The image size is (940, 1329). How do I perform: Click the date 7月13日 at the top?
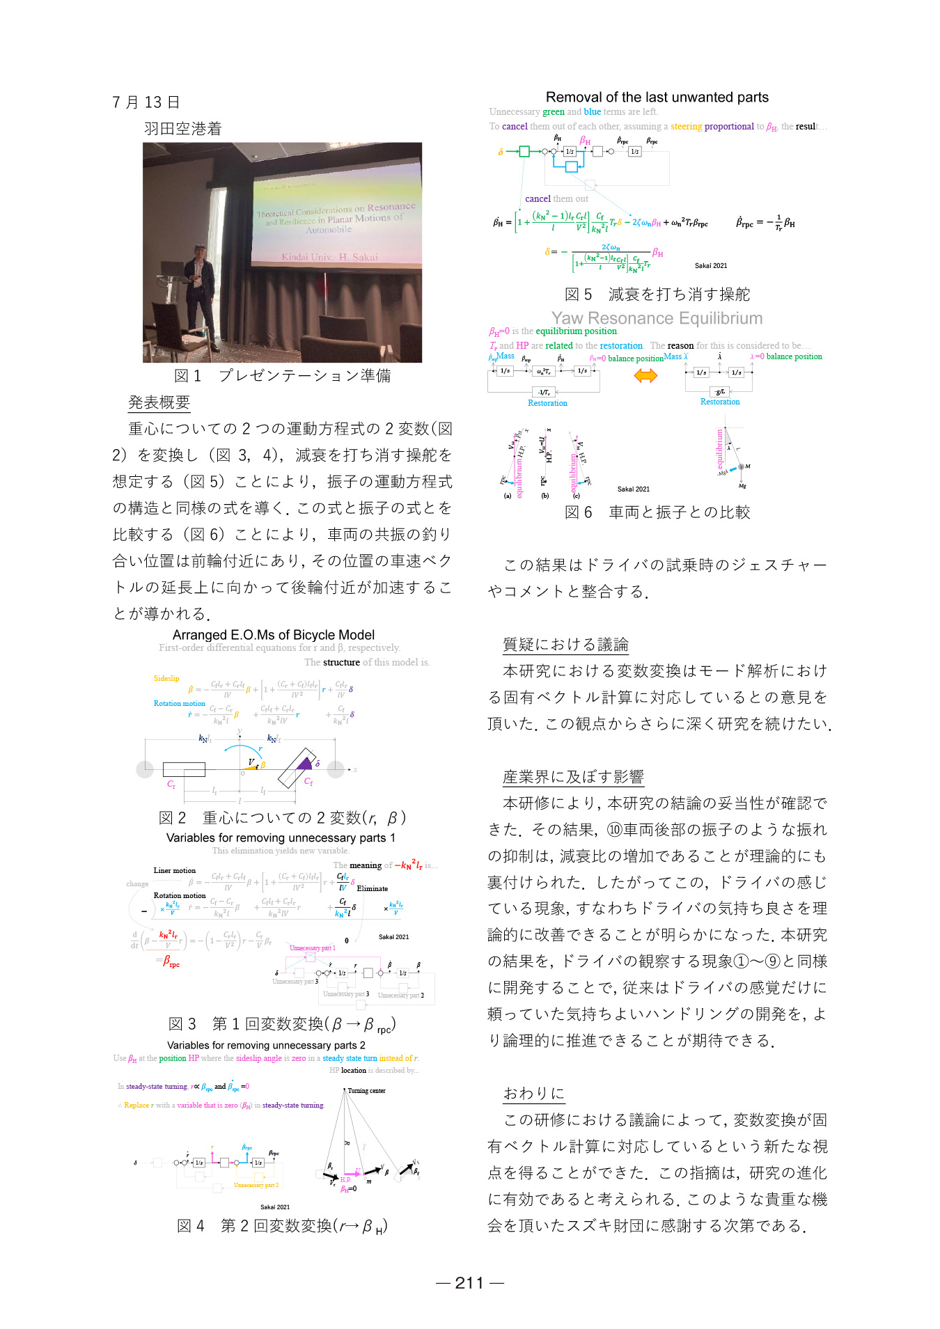(146, 102)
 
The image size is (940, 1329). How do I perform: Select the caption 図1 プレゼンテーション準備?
(282, 376)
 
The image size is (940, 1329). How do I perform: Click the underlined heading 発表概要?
(159, 402)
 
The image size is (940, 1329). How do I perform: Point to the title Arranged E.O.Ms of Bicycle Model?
(274, 635)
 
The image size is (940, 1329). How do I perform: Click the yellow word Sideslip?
(166, 678)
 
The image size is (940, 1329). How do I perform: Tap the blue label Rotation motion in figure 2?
(180, 704)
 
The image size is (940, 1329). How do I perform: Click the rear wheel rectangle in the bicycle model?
(184, 769)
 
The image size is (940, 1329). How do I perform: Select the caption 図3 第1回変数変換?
(282, 1024)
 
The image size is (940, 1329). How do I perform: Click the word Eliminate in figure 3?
(373, 888)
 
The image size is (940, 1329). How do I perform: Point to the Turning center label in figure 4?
(366, 1091)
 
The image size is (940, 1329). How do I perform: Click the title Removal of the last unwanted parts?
(657, 97)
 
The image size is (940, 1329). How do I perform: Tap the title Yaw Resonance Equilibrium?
(657, 318)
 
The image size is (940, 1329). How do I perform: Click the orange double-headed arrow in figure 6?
(645, 376)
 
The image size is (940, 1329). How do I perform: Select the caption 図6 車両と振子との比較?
(657, 512)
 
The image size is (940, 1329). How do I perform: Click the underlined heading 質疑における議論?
(565, 645)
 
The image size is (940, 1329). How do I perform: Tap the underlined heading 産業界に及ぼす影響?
(573, 777)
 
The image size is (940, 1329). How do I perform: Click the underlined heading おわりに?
(534, 1094)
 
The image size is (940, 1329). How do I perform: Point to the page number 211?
(469, 1283)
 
